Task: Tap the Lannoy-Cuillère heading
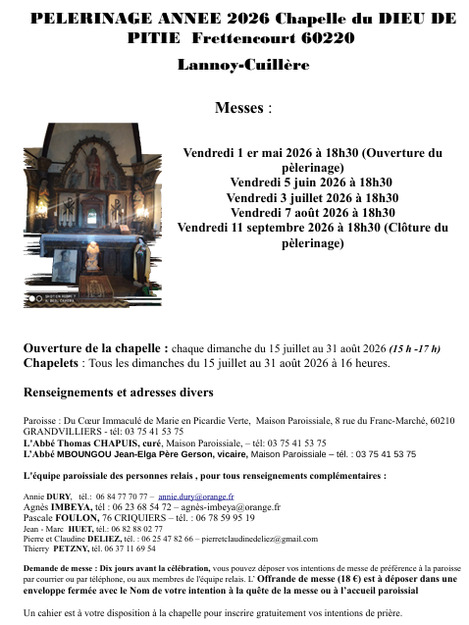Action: [242, 65]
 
